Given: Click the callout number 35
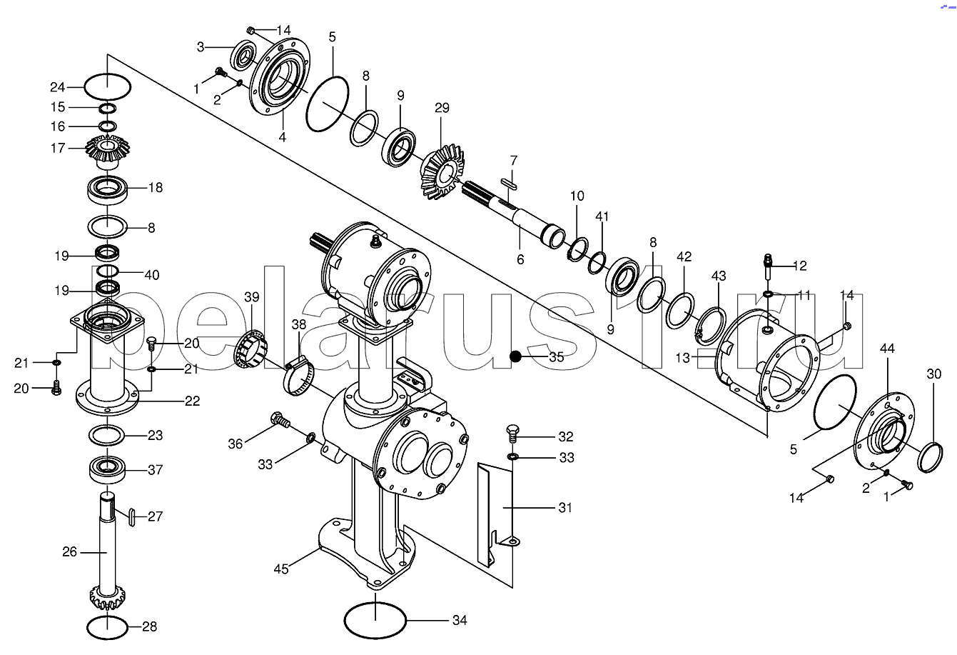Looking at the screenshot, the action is (x=556, y=357).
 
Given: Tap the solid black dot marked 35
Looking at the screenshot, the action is (x=516, y=356).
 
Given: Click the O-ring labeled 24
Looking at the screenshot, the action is (x=108, y=87).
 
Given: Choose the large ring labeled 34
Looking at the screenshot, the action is (x=375, y=621).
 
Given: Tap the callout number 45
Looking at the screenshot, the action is (x=281, y=569).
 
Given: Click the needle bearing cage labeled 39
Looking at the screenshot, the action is (x=250, y=348).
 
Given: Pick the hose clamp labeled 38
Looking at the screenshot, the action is (x=298, y=376).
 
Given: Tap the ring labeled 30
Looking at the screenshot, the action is (x=931, y=457).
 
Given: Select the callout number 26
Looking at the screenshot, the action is (x=70, y=552).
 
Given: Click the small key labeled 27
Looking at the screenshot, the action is (x=131, y=518).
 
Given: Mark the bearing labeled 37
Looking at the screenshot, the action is (x=107, y=470).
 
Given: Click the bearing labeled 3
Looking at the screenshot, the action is (x=243, y=54).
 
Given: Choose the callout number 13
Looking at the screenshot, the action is (x=683, y=358).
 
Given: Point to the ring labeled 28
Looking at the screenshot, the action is (x=107, y=628).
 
